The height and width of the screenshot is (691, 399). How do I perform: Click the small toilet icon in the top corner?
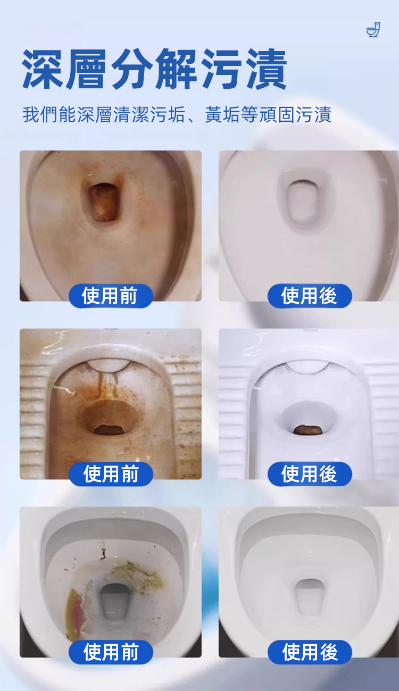[373, 30]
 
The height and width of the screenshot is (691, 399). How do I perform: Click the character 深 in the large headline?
[43, 69]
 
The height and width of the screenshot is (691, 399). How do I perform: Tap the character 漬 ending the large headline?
[267, 69]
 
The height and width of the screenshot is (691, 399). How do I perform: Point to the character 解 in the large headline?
[177, 69]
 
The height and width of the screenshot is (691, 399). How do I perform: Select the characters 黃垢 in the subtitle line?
[223, 114]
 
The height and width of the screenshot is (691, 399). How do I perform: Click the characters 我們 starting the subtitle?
[40, 114]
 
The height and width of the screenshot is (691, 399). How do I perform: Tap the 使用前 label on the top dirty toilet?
[111, 296]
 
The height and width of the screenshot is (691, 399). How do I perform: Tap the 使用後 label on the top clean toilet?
[310, 296]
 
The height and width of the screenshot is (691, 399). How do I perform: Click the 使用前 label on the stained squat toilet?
[111, 474]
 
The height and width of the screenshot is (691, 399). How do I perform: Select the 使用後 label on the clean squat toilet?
[310, 474]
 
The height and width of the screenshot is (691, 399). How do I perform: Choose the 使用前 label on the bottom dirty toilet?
[111, 652]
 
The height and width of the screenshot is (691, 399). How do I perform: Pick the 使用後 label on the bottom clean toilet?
[310, 652]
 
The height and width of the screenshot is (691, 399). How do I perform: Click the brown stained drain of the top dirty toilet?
[103, 202]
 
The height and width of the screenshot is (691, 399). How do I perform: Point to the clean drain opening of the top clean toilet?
[303, 202]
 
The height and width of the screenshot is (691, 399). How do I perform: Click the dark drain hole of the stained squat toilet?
[109, 429]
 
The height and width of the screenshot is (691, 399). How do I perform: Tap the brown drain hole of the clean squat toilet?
[308, 429]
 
